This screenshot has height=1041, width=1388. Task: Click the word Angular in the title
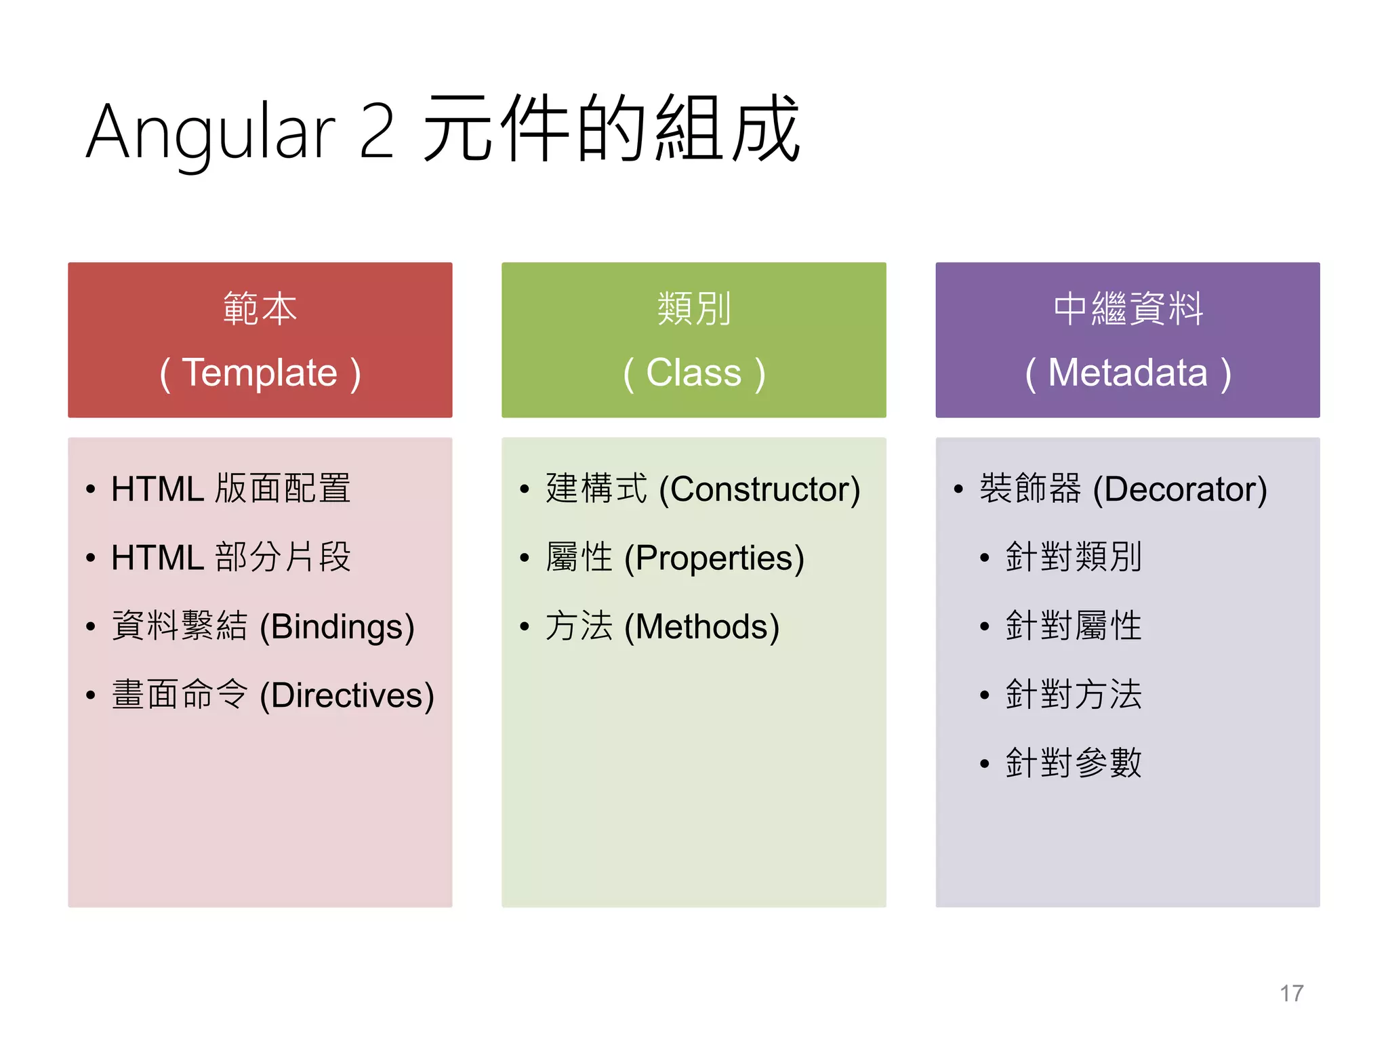(210, 132)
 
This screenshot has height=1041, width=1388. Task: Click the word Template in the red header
(260, 373)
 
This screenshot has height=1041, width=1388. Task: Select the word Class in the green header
(693, 373)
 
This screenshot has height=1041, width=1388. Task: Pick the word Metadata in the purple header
(1128, 373)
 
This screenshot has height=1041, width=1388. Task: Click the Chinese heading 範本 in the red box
(260, 309)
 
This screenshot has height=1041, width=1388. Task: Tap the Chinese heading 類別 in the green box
(693, 309)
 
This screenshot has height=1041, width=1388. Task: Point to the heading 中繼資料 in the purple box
(1128, 309)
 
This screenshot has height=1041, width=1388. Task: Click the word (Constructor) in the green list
(759, 489)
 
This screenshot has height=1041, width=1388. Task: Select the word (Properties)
(714, 558)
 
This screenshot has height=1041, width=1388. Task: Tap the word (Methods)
(701, 627)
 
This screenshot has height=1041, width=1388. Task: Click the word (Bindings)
(337, 627)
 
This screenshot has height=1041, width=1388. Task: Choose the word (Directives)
(346, 696)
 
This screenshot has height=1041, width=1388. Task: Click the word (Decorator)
(1179, 489)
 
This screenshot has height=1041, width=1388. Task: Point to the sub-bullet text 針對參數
(1074, 763)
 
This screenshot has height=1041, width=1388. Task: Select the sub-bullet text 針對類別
(1074, 557)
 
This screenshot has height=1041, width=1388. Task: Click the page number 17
(1291, 994)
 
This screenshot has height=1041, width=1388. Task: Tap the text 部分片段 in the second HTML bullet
(283, 558)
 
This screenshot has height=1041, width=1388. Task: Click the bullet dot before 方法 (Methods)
(524, 627)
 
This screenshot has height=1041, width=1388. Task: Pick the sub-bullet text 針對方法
(1074, 695)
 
